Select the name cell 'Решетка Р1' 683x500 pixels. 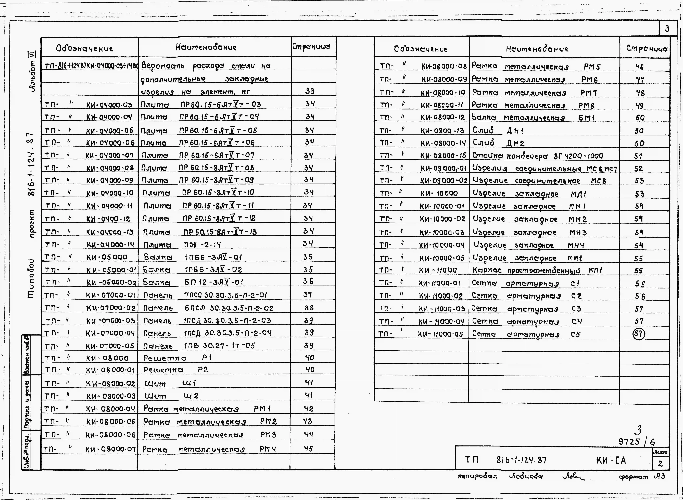coord(177,358)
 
